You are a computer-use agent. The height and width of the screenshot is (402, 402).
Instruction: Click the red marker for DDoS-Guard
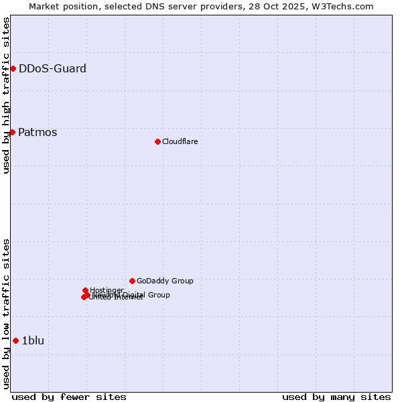[13, 68]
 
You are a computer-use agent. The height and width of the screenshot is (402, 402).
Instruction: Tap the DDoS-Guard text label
[52, 68]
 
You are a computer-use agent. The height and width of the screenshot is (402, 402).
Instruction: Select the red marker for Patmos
[12, 132]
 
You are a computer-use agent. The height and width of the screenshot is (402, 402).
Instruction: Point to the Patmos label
[38, 132]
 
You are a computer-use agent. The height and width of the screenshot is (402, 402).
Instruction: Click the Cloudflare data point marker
[157, 141]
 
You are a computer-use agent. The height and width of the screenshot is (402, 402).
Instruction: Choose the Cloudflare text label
[180, 141]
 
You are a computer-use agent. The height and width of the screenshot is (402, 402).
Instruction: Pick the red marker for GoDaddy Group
[132, 281]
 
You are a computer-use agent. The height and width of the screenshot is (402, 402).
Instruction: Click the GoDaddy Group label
[165, 281]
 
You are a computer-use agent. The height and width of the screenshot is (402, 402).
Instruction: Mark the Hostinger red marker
[85, 290]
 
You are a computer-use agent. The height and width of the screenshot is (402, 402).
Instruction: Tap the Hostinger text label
[107, 290]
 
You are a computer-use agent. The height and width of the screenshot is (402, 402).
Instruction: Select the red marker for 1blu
[15, 340]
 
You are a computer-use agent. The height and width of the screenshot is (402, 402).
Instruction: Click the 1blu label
[33, 340]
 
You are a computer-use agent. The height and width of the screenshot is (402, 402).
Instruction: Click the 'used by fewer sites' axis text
[69, 397]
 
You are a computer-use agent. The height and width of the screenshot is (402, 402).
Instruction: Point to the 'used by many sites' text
[336, 397]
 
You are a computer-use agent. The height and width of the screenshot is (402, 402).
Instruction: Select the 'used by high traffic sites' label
[6, 95]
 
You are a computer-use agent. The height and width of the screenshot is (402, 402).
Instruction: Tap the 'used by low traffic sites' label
[6, 314]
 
